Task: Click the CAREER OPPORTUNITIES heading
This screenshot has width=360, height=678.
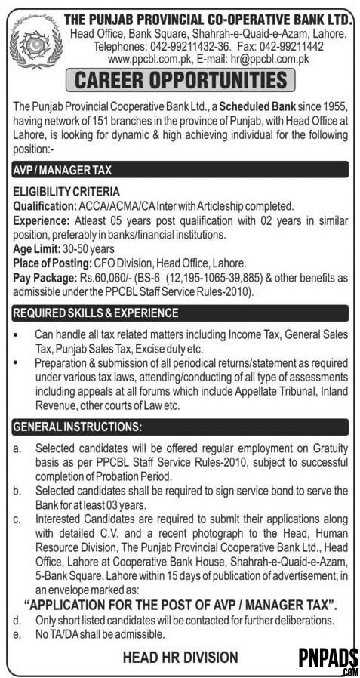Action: point(179,80)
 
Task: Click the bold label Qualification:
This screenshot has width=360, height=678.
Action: point(42,205)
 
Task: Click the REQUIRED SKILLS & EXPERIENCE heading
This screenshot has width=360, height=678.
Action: point(96,313)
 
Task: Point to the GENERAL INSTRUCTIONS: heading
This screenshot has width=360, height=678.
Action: point(77,427)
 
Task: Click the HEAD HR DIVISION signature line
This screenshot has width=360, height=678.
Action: point(180,658)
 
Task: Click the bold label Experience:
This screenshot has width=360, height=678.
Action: point(38,220)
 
